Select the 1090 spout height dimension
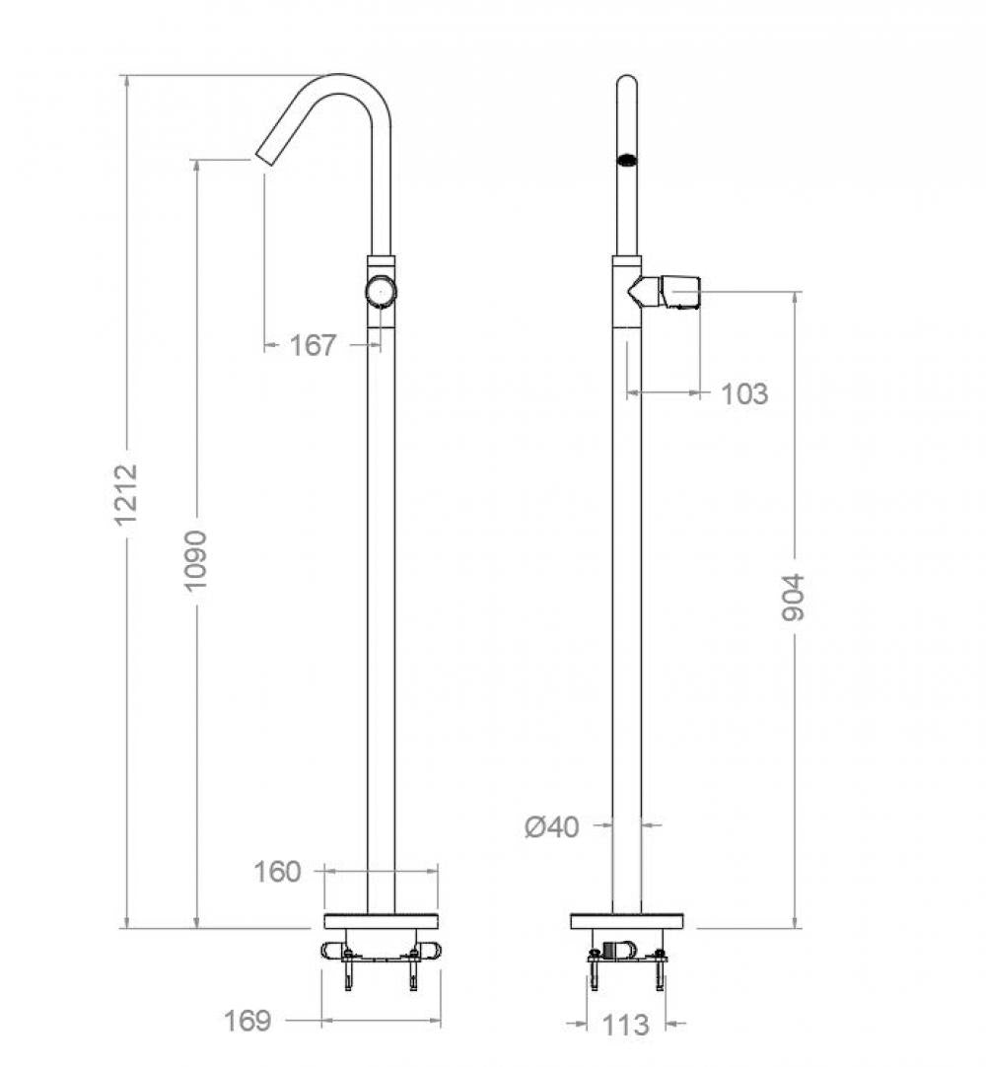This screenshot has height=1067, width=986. coord(197,560)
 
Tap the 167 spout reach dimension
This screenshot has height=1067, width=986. coord(313,345)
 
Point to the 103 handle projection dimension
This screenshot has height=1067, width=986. coord(743,393)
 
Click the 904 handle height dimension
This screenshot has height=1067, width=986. coord(794,597)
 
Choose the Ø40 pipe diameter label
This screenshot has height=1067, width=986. coord(552,825)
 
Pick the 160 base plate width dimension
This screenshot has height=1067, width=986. coord(278,872)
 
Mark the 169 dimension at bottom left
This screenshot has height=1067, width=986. coord(248,1020)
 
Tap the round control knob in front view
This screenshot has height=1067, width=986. coord(381,291)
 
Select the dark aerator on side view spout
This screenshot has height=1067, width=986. coord(626,159)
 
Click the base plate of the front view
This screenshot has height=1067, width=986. coord(381,922)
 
